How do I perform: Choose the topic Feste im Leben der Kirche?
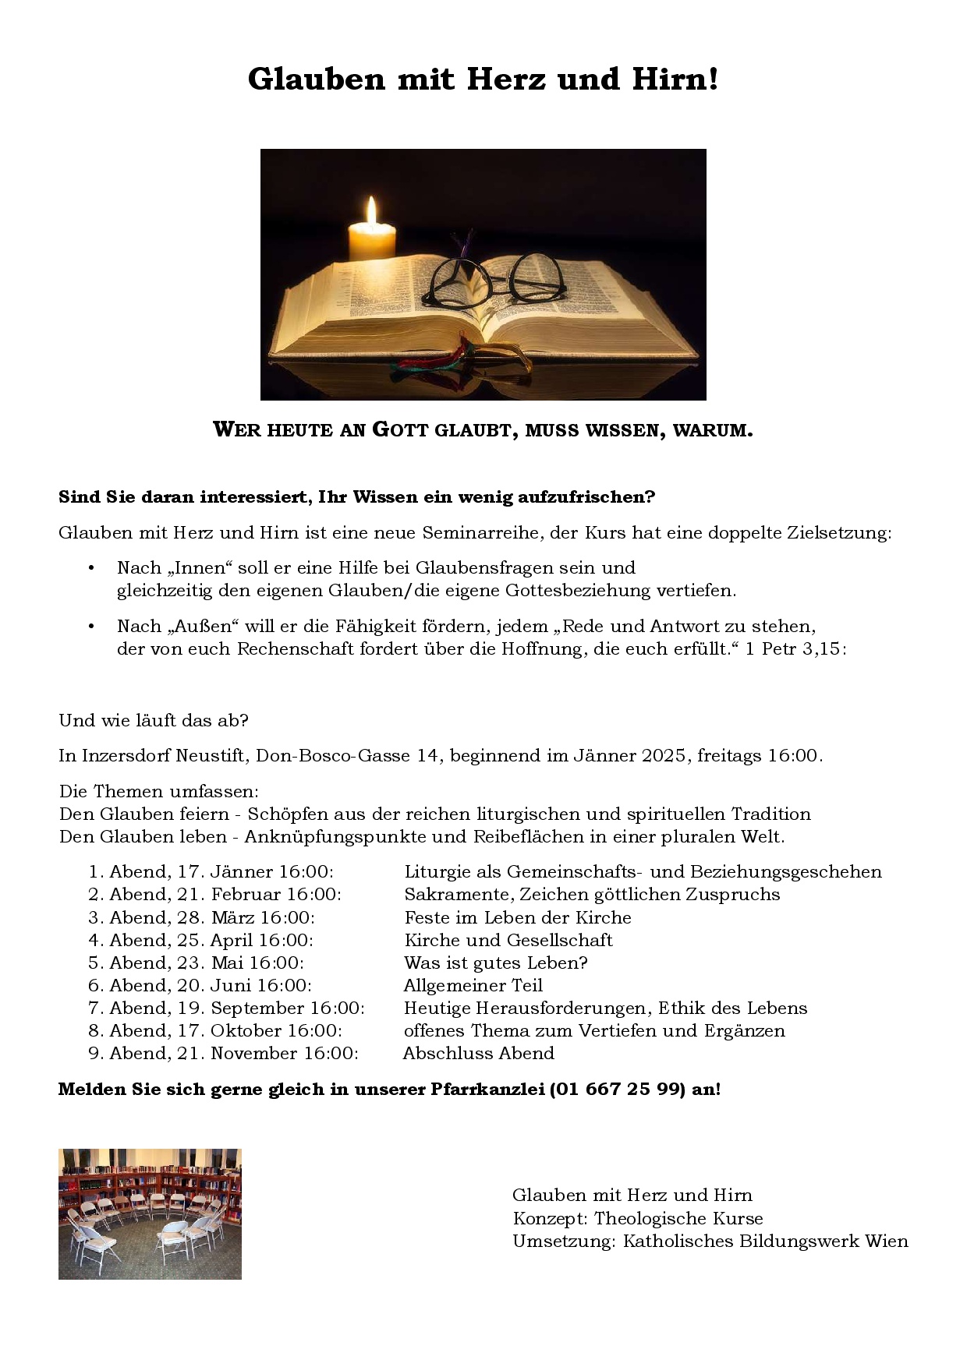coord(518,917)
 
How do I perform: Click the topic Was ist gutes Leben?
coord(496,963)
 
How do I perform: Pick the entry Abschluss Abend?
coord(479,1054)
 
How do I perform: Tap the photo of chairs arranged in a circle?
coord(150,1213)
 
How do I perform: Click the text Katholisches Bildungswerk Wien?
coord(765,1242)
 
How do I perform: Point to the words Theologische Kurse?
coord(678,1218)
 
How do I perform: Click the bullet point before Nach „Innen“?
coord(91,568)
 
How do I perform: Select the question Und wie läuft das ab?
coord(154,720)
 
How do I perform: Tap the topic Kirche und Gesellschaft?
coord(508,940)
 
